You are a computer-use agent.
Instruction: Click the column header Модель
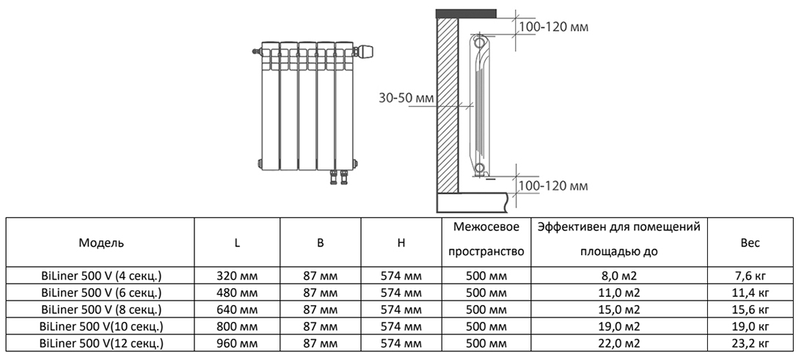101,243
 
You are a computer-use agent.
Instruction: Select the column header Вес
750,243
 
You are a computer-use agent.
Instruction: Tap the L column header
237,243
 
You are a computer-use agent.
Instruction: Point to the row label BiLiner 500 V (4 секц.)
101,276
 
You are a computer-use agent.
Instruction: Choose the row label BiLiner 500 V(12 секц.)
101,343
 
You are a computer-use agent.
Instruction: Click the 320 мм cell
237,276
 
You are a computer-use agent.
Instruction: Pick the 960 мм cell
237,343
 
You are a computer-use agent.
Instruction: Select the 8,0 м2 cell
618,276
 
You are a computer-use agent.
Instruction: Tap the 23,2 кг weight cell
750,343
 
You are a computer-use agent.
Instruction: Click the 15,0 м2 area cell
618,309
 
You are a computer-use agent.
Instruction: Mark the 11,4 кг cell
750,293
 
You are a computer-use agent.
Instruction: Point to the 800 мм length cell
237,326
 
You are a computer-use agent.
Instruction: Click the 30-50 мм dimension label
406,98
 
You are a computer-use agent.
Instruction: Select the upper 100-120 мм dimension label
553,27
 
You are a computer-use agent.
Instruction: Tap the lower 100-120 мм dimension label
553,186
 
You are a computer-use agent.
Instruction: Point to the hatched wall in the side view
447,103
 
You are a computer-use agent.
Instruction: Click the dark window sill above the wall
466,13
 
